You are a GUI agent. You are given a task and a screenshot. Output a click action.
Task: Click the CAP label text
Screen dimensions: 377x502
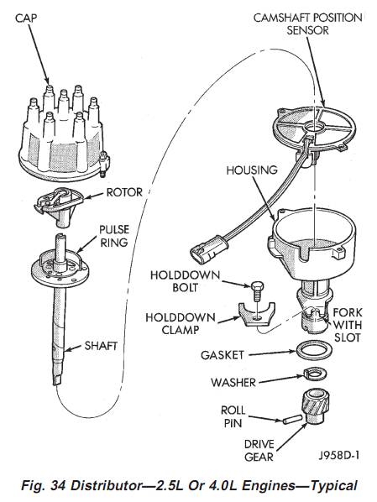26,18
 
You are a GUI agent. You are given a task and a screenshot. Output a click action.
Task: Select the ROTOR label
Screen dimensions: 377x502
124,192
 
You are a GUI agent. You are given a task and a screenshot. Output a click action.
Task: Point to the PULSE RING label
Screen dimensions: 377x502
114,236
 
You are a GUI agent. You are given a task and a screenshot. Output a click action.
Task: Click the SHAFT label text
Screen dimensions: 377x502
101,346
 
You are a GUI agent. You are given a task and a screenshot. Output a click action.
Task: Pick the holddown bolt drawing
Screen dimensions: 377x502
257,290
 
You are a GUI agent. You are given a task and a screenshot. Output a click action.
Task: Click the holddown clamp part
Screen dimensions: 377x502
257,315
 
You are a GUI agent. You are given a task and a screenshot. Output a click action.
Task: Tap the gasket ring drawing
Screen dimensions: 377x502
314,350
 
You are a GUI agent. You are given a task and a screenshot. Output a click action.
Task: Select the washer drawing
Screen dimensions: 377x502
315,374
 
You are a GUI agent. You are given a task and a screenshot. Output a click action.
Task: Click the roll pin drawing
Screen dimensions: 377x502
292,419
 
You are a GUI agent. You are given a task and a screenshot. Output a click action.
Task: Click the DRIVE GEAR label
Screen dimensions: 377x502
259,451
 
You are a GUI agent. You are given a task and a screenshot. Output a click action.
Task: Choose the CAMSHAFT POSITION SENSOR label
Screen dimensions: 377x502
307,24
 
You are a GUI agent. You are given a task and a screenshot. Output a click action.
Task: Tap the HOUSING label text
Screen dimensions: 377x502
252,170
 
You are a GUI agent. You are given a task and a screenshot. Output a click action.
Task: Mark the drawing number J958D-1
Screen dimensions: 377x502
339,455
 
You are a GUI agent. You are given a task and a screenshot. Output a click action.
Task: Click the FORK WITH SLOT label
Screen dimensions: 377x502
348,325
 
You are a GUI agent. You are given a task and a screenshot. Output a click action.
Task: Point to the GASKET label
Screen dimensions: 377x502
223,355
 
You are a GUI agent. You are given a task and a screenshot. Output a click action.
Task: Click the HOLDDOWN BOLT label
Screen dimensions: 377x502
185,281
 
